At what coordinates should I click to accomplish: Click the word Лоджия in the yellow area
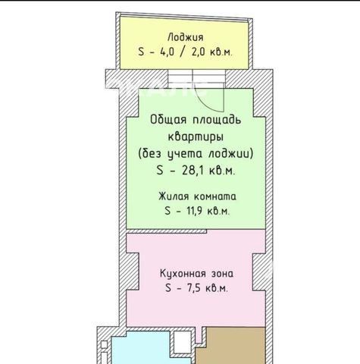tap(185, 37)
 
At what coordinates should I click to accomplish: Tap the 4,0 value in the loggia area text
tap(167, 52)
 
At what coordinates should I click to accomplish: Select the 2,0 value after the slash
tap(199, 52)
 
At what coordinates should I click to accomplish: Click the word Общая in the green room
tap(168, 120)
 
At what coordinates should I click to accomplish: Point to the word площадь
tap(217, 120)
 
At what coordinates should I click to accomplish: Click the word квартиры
tap(196, 137)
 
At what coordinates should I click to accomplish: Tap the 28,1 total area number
tap(192, 171)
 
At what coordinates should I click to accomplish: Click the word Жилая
tap(174, 196)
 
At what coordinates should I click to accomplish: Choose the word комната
tap(215, 196)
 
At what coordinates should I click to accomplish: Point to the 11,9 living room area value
tap(192, 211)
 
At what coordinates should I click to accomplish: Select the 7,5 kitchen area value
tap(192, 288)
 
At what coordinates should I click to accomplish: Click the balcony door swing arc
tap(206, 102)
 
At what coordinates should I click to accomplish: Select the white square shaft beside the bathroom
tap(182, 342)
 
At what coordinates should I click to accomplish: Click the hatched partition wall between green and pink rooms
tap(167, 231)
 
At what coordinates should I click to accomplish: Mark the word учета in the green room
tap(185, 154)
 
